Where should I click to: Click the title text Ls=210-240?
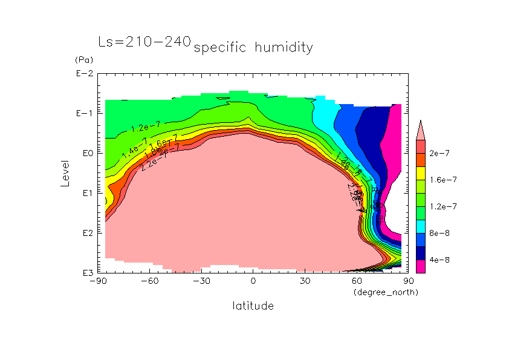point(144,42)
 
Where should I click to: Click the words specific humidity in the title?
point(253,48)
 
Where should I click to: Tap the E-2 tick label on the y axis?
point(84,74)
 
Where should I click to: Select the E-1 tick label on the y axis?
point(84,114)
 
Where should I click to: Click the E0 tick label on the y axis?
point(86,153)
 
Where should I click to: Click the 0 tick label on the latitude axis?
point(253,281)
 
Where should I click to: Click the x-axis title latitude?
point(253,306)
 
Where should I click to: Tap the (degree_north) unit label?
point(386,292)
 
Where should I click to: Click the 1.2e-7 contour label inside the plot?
point(145,127)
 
